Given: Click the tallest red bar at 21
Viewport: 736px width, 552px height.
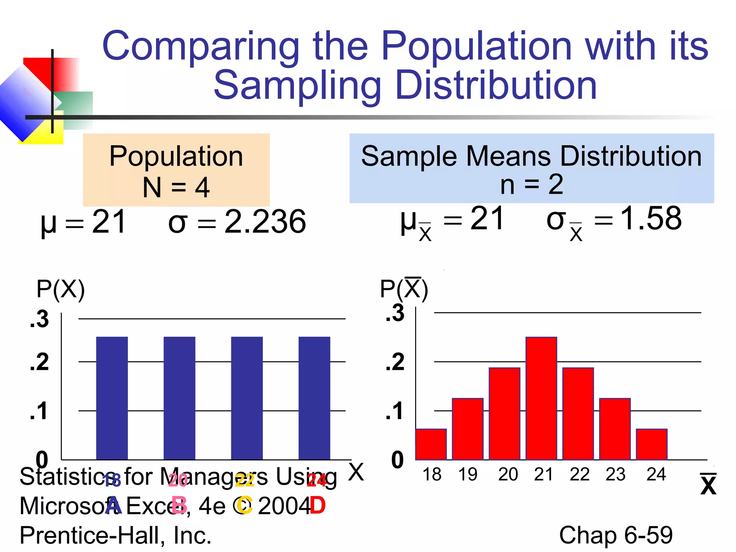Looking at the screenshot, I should click(541, 398).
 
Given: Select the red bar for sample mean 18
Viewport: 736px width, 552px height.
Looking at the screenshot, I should click(431, 444).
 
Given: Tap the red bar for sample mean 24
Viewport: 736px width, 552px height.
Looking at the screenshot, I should click(652, 444).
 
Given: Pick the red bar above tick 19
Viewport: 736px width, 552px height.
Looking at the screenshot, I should click(468, 429).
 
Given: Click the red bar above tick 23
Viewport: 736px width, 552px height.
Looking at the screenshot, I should click(615, 429).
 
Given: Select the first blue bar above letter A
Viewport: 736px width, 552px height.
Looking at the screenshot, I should click(112, 398).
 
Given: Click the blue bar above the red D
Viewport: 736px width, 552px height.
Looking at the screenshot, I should click(314, 398).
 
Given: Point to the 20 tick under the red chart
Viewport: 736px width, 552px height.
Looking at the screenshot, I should click(508, 474).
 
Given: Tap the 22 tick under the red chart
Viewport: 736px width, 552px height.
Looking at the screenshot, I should click(579, 474).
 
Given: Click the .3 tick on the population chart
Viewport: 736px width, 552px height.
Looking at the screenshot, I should click(40, 319).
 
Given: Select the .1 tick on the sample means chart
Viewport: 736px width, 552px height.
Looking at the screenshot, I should click(395, 411).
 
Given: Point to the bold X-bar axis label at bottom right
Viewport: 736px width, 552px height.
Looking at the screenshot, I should click(708, 485).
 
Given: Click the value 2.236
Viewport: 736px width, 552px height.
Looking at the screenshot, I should click(265, 222).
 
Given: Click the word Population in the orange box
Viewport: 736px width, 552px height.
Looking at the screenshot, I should click(176, 156).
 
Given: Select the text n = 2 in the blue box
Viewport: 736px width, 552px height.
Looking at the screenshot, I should click(532, 184).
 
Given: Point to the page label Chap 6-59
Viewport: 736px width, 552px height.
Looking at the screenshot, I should click(616, 535).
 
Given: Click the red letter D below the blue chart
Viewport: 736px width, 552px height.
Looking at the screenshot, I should click(317, 505).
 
